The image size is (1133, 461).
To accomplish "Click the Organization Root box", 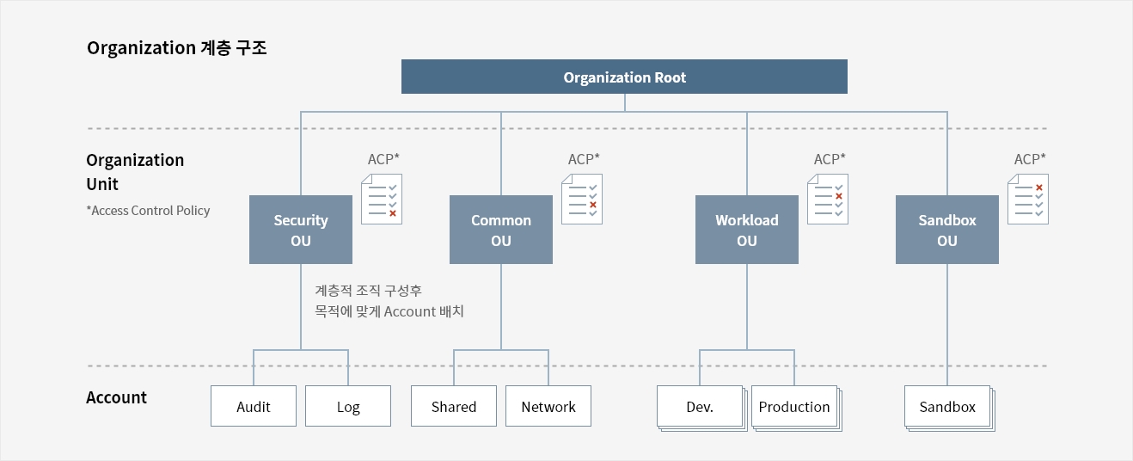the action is coord(624,77).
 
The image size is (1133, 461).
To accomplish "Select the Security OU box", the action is coord(301,230).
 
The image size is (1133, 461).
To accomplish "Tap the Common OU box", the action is coord(501,230).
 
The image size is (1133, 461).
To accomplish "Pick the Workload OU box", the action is coord(746,230).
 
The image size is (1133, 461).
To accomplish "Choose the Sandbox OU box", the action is coord(946,230).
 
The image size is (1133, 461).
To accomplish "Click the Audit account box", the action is coord(254,406).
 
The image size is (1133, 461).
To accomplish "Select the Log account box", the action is coord(348,406).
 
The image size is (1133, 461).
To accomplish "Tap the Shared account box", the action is coord(454,406).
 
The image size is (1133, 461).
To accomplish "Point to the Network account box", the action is coord(548,406).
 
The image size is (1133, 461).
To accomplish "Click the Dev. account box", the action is coord(701,407).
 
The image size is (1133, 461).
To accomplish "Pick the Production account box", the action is coord(795,407).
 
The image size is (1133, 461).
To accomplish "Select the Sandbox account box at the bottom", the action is coord(948,407).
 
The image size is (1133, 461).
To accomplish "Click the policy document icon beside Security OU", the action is coord(382,199).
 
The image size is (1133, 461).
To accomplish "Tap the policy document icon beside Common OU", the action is coord(582,199).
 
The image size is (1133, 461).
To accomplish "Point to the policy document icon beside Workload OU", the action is coord(828,199).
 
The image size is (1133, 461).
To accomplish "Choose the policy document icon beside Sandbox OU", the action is coord(1028,199).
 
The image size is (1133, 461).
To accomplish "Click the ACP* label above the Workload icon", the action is coord(830,159).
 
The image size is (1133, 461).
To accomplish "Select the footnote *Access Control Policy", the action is coord(148,211).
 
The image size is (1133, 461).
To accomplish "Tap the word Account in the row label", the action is coord(116,397).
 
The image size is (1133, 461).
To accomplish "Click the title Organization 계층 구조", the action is coord(176,47).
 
